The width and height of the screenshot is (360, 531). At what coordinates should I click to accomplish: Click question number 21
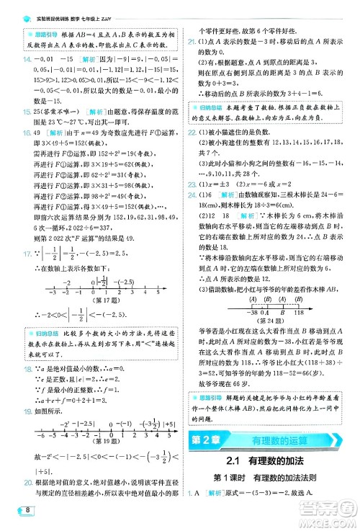point(192,43)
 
